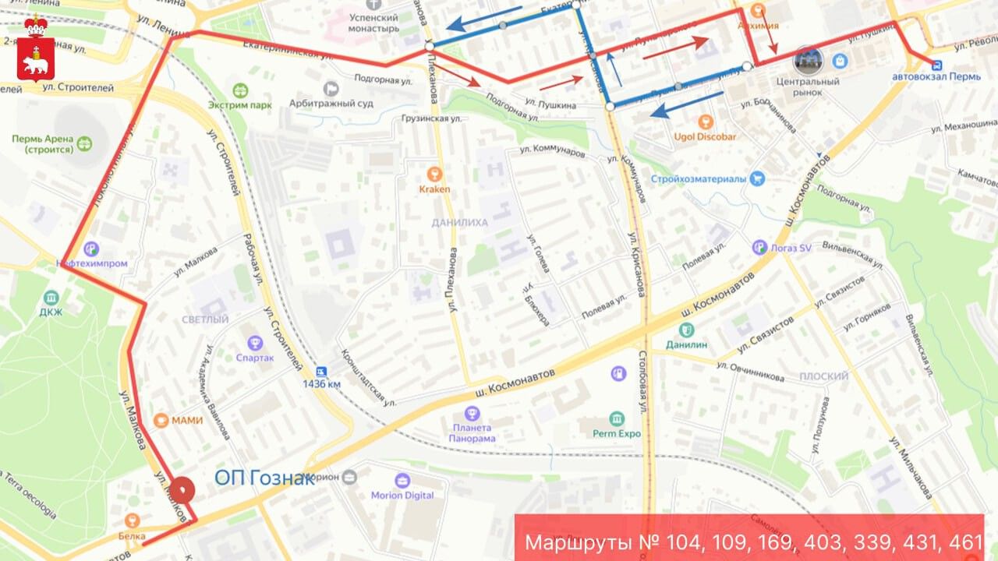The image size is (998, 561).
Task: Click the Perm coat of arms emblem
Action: click(35, 48)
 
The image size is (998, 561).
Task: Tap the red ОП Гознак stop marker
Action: click(182, 489)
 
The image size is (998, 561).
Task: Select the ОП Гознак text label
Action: click(264, 478)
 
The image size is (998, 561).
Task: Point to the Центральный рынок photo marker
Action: click(808, 61)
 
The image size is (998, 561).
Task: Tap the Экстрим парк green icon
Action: click(239, 90)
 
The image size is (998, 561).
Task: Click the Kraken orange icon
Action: click(434, 174)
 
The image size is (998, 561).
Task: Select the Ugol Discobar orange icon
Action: click(705, 122)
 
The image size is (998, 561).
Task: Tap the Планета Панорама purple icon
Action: click(472, 412)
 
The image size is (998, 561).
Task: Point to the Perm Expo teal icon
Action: click(617, 418)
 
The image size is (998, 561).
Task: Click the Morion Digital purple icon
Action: click(402, 480)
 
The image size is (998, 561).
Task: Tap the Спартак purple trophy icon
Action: click(255, 342)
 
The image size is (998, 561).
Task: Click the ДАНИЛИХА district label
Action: click(459, 223)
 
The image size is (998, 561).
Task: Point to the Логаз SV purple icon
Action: click(760, 248)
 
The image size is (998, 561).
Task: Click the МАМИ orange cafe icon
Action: click(161, 421)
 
